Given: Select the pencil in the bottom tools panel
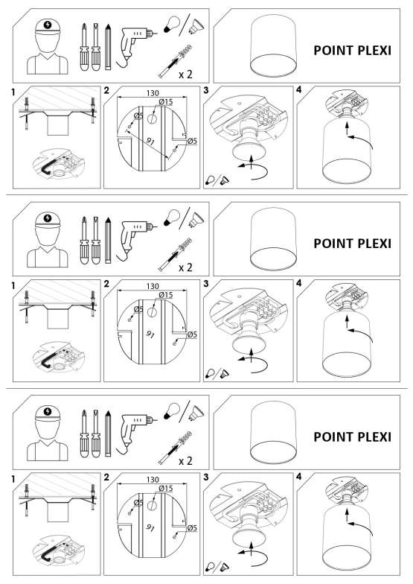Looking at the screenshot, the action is pyautogui.click(x=108, y=434).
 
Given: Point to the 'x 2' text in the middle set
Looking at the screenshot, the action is pyautogui.click(x=186, y=267).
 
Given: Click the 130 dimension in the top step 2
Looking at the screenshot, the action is pyautogui.click(x=153, y=92).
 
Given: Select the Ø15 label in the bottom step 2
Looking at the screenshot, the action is pyautogui.click(x=166, y=489).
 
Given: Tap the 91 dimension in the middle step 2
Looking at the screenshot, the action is pyautogui.click(x=150, y=334).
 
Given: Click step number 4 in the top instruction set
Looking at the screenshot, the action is pyautogui.click(x=299, y=89).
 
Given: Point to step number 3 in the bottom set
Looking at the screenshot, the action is pyautogui.click(x=206, y=477).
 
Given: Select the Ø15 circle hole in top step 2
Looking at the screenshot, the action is pyautogui.click(x=153, y=119).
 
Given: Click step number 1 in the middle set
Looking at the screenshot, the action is pyautogui.click(x=13, y=286).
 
